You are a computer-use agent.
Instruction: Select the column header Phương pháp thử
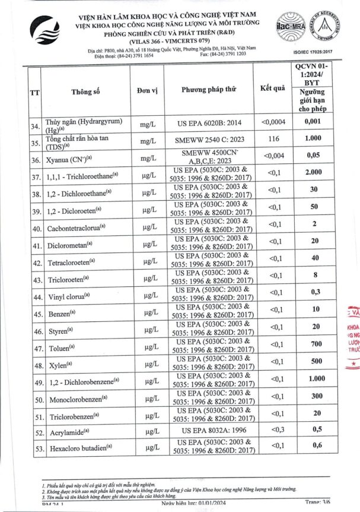(x=209, y=89)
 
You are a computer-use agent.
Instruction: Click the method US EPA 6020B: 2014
(x=209, y=123)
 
